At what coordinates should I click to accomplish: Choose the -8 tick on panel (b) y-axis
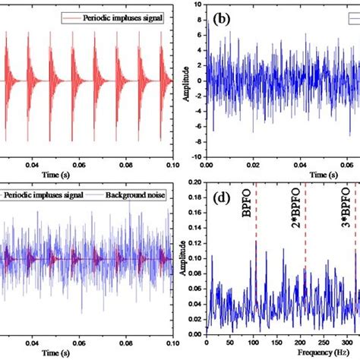(196, 141)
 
